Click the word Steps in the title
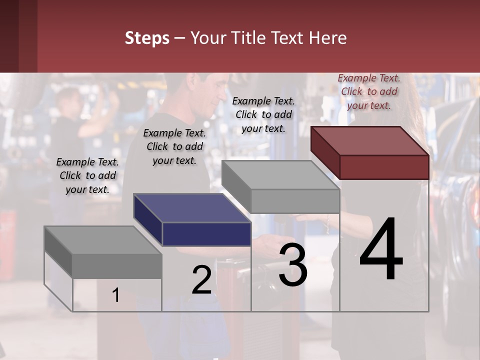coord(147,38)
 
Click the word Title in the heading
coord(248,38)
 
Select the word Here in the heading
coord(328,38)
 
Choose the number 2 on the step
coord(201,280)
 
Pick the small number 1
coord(116,295)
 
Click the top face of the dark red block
coord(369,141)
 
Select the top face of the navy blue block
coord(191,208)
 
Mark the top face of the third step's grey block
coord(280,175)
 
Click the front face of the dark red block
coord(384,167)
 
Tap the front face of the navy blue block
coord(206,234)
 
